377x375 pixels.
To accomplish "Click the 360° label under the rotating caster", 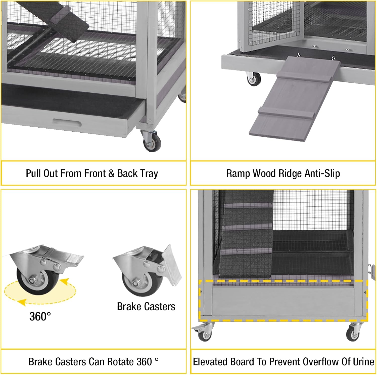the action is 40,316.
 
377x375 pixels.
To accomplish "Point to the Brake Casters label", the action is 146,307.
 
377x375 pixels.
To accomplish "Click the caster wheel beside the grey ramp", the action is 253,80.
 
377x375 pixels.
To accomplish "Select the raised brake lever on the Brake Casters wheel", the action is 172,264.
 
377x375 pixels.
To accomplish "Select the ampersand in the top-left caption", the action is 111,174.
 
